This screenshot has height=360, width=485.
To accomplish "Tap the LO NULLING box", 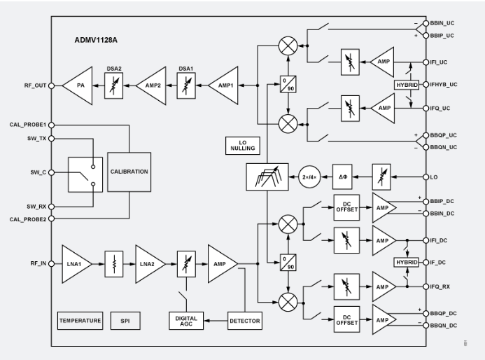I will tap(241, 146).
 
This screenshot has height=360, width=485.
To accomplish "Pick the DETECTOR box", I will tap(244, 321).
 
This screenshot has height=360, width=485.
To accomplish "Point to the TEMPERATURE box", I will tap(80, 321).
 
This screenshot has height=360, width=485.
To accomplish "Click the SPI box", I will tap(125, 321).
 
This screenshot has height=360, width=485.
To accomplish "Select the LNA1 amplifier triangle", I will tap(74, 265).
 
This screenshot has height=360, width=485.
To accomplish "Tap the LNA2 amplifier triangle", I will tap(149, 265).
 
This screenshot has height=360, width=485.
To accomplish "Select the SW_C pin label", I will tap(36, 172).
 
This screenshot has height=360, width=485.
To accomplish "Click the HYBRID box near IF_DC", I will tap(406, 261).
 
